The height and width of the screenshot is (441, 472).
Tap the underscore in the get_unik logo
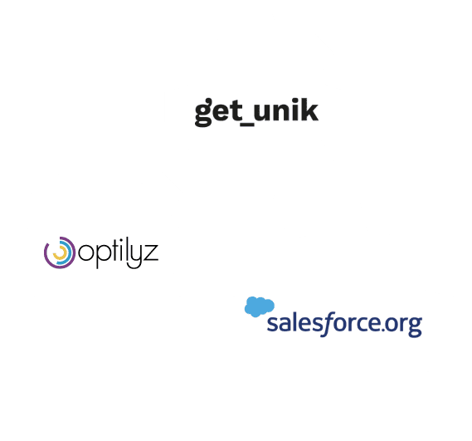pos(247,124)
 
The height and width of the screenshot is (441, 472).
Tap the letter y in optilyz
pos(134,257)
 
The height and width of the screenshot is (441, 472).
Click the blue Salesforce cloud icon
pos(260,306)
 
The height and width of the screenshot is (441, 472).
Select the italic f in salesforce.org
pos(325,324)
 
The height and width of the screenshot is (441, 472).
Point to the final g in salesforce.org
pos(416,326)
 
